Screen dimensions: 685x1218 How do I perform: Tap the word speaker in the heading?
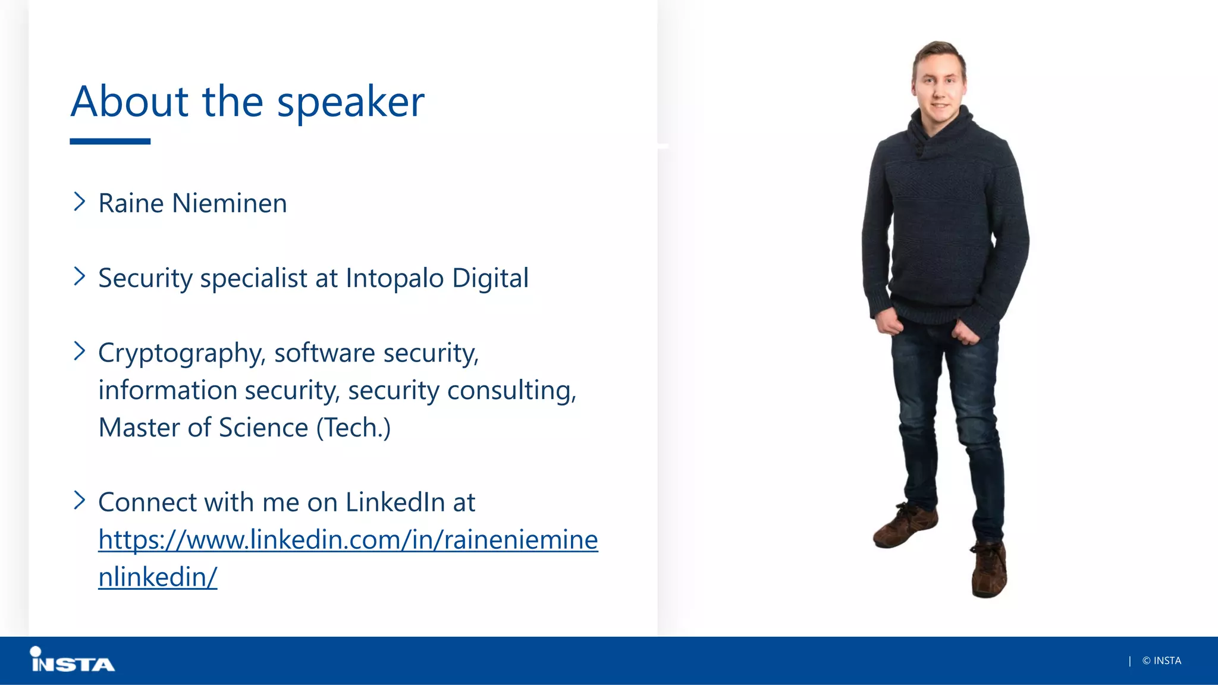tap(351, 102)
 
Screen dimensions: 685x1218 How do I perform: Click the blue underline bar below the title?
tap(110, 142)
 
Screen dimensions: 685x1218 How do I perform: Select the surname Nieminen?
tap(230, 203)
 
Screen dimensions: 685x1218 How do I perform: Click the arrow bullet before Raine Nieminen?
tap(79, 202)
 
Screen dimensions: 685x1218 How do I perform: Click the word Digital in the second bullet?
tap(490, 278)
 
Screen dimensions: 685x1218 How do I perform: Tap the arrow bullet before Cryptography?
tap(79, 351)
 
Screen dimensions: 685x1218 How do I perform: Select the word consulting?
tap(511, 391)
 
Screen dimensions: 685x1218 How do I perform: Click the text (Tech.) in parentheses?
tap(353, 428)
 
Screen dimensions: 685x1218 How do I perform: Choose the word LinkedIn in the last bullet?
tap(395, 502)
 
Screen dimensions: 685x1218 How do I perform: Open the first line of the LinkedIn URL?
tap(348, 540)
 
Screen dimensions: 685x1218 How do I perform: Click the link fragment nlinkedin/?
tap(158, 577)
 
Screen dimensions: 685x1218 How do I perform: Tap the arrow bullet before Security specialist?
tap(79, 276)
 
